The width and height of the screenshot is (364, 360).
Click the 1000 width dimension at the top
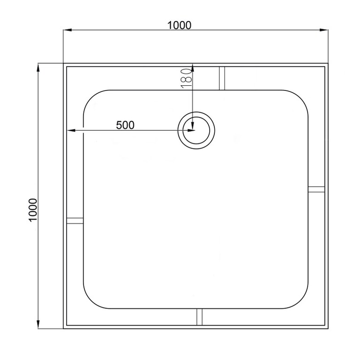click(x=180, y=25)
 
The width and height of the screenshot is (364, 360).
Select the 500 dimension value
click(x=125, y=125)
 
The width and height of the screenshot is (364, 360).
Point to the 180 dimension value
click(x=186, y=76)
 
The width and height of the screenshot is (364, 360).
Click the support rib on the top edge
click(x=222, y=78)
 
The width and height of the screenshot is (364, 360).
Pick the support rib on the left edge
click(x=75, y=221)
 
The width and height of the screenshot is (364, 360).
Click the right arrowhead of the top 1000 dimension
click(x=324, y=30)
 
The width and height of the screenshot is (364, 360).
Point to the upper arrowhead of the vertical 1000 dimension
click(x=38, y=67)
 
